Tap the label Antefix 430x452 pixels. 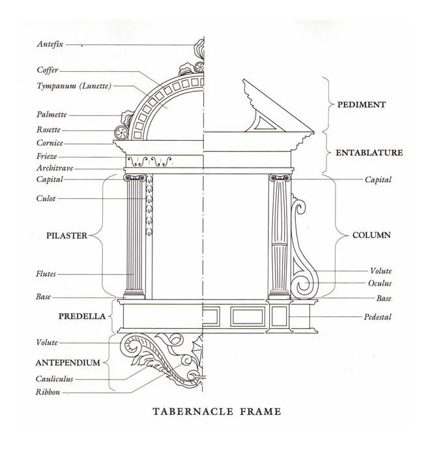[50, 45]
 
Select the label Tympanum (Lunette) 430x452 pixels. [74, 86]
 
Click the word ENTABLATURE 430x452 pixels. [369, 153]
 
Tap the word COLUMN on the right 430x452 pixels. [371, 235]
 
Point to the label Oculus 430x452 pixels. [379, 284]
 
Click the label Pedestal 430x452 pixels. [377, 317]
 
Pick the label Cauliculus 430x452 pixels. [55, 379]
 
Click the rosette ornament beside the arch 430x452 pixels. [121, 130]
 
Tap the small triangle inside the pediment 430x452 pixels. [263, 120]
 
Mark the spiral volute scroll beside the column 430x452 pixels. [302, 283]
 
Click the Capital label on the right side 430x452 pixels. [377, 179]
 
